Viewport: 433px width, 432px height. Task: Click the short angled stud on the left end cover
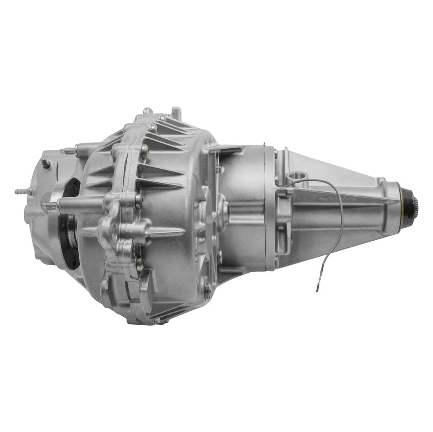click(46, 163)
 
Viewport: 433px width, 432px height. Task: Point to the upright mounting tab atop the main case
click(176, 113)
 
